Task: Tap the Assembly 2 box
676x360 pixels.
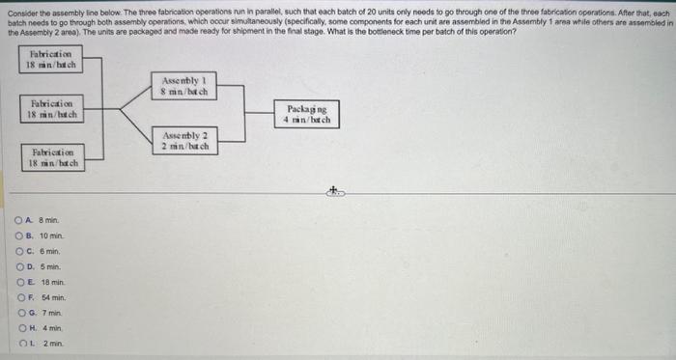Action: pyautogui.click(x=184, y=140)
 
